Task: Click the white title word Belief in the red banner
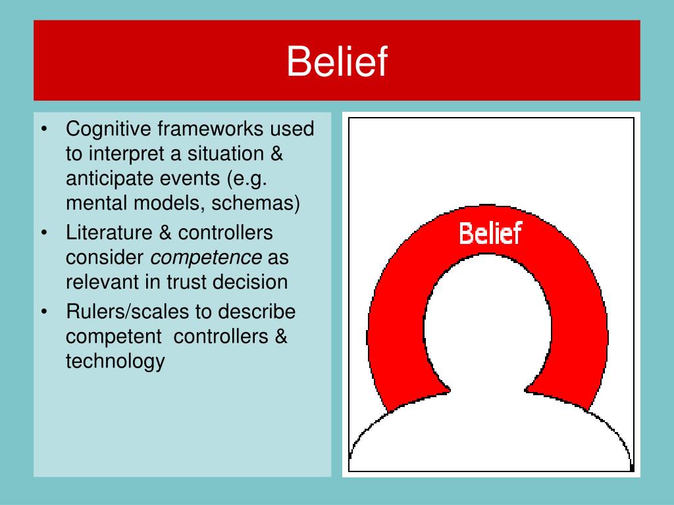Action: click(337, 61)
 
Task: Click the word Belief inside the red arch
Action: click(490, 233)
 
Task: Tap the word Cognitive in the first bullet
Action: click(109, 130)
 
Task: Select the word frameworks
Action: click(210, 128)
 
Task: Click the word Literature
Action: click(109, 232)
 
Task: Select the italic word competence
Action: click(206, 258)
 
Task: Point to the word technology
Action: click(115, 362)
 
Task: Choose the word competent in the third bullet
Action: click(113, 337)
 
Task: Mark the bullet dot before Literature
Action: click(44, 233)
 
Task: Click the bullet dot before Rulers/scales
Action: click(44, 312)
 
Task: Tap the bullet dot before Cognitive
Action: click(44, 129)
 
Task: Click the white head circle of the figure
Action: click(488, 326)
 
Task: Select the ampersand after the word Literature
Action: click(165, 232)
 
